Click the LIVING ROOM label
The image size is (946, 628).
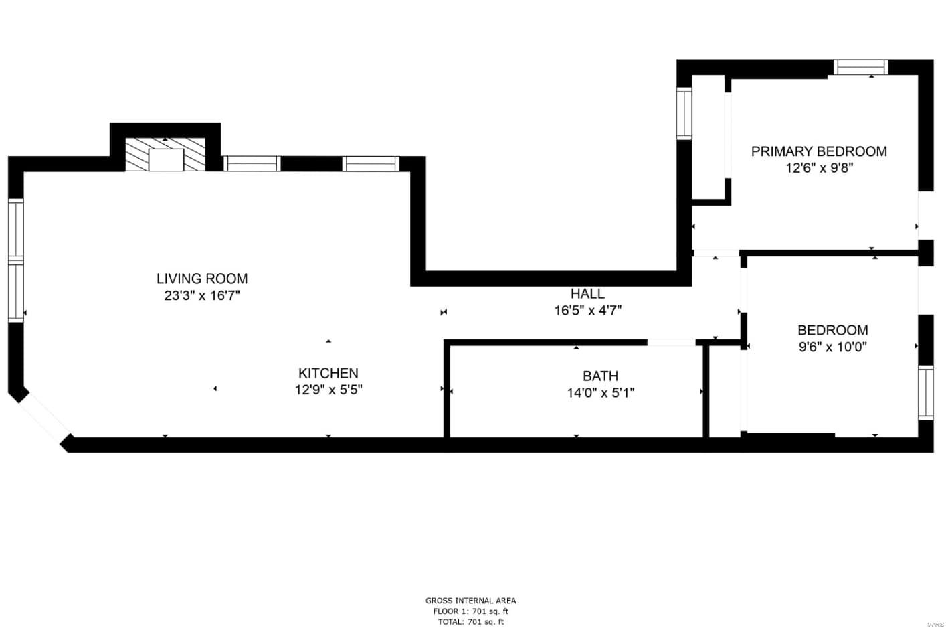pos(202,279)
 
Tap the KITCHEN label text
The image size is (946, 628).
pos(328,373)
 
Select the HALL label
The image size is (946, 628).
pos(587,293)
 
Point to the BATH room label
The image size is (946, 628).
pos(600,376)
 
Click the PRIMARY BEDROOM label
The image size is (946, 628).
pos(819,151)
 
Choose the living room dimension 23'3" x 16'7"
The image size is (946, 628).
pos(202,295)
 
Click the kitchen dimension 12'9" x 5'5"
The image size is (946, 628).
pos(328,390)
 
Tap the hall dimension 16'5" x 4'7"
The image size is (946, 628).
pos(587,310)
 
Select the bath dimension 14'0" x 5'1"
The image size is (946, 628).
pos(600,393)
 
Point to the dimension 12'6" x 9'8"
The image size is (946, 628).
pos(819,168)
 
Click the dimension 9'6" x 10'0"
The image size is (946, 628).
pos(832,347)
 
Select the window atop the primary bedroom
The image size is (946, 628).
pos(860,67)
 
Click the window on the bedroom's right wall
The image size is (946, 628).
pos(925,392)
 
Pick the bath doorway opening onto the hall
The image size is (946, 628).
pos(671,343)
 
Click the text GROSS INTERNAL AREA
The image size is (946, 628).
pos(470,601)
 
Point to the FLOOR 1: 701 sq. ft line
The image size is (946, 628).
pos(470,611)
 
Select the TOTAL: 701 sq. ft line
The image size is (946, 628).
pos(470,622)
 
